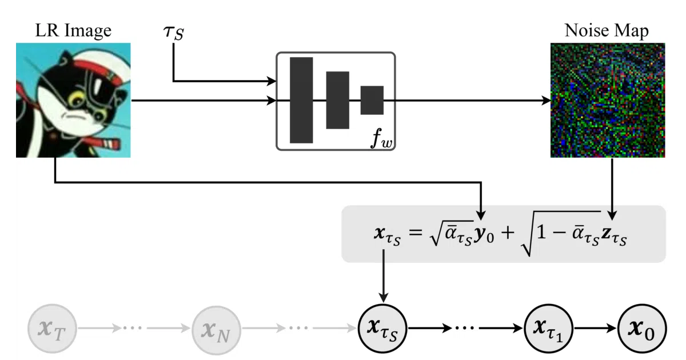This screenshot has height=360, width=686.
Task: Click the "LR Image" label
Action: point(73,31)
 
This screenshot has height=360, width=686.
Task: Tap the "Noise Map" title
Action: point(607,31)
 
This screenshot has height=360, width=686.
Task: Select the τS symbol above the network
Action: point(174,32)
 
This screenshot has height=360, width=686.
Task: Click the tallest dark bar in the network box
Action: point(301,100)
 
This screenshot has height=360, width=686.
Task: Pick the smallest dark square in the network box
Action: point(372,100)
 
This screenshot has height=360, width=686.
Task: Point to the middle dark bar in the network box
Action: point(337,100)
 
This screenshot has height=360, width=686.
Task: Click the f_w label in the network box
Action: point(381,139)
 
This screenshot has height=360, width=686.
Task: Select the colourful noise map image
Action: point(608,100)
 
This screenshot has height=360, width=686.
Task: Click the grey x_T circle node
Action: point(52,329)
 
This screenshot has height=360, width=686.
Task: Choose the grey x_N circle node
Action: point(216,330)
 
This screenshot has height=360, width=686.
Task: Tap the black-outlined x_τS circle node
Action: point(382,329)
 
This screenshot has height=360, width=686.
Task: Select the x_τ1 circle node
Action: point(548,329)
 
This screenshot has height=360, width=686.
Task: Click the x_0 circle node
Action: point(642,329)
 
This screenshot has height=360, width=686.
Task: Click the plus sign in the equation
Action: point(508,233)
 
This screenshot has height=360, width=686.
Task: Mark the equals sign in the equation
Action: point(416,233)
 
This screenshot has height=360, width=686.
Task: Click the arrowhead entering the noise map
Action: point(546,100)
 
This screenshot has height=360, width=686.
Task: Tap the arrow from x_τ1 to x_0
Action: point(595,329)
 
